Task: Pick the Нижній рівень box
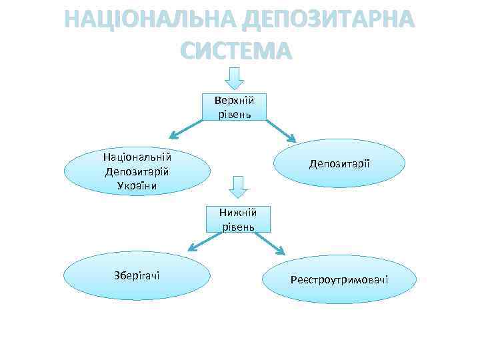click(238, 219)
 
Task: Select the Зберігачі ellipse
click(136, 276)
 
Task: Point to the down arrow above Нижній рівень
click(237, 187)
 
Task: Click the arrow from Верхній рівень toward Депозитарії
click(281, 131)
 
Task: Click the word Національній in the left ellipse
click(137, 157)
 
